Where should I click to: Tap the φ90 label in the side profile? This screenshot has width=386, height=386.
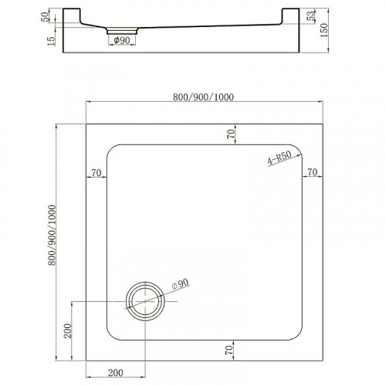click(122, 40)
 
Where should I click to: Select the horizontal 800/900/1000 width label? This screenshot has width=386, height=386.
click(204, 96)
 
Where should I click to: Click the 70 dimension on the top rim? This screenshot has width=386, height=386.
click(230, 133)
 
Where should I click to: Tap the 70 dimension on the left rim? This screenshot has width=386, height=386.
click(96, 172)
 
